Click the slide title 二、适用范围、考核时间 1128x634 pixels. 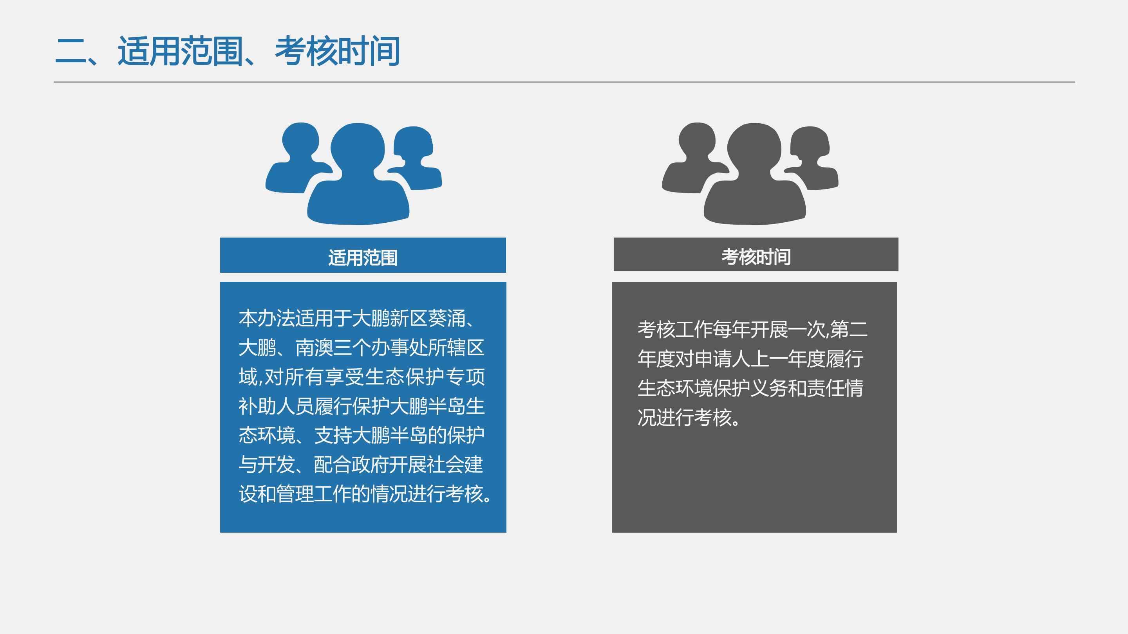[x=228, y=51]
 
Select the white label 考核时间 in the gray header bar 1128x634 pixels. [x=756, y=256]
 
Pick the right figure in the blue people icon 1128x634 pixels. [x=416, y=158]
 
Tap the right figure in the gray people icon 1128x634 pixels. [x=812, y=158]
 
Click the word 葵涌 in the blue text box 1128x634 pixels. [x=446, y=318]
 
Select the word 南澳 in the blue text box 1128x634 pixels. [x=315, y=348]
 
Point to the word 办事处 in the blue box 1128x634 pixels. [x=399, y=348]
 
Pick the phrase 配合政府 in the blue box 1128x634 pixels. [x=352, y=464]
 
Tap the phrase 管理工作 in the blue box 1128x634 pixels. [x=314, y=494]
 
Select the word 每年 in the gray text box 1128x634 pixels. [x=732, y=330]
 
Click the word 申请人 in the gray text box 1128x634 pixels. [x=723, y=359]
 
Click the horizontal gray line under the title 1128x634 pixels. [x=564, y=82]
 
